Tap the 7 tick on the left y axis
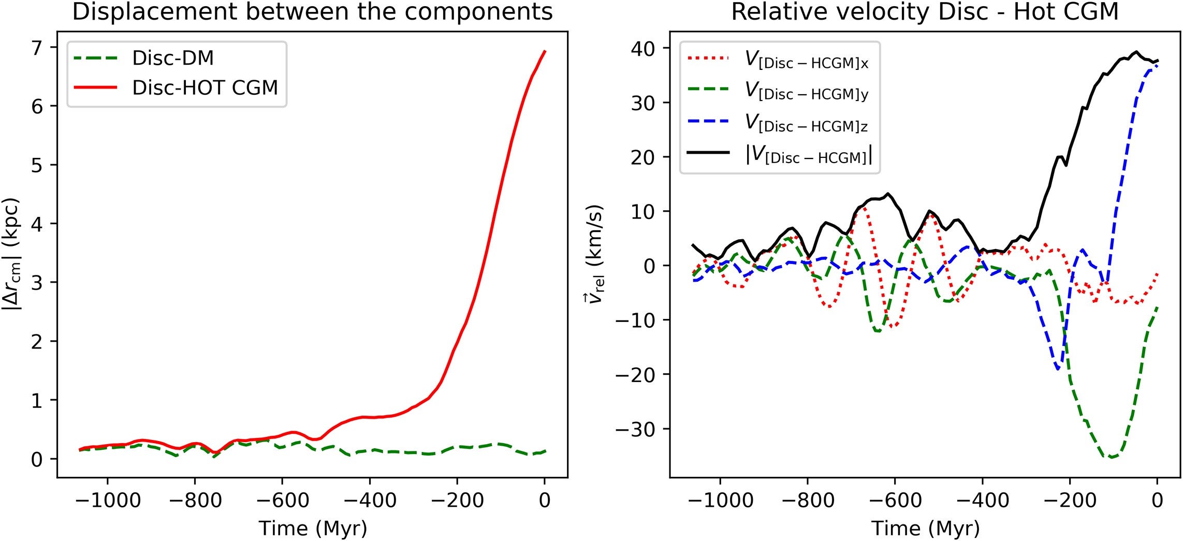click(x=37, y=48)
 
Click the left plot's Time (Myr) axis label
click(x=313, y=528)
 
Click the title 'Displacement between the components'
click(x=312, y=11)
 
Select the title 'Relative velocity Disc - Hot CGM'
click(x=925, y=11)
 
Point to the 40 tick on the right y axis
click(x=644, y=49)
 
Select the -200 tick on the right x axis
click(x=1070, y=500)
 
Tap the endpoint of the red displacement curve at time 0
click(x=545, y=51)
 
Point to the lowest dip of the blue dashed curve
click(x=1058, y=369)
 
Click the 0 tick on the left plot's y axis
click(x=37, y=459)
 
